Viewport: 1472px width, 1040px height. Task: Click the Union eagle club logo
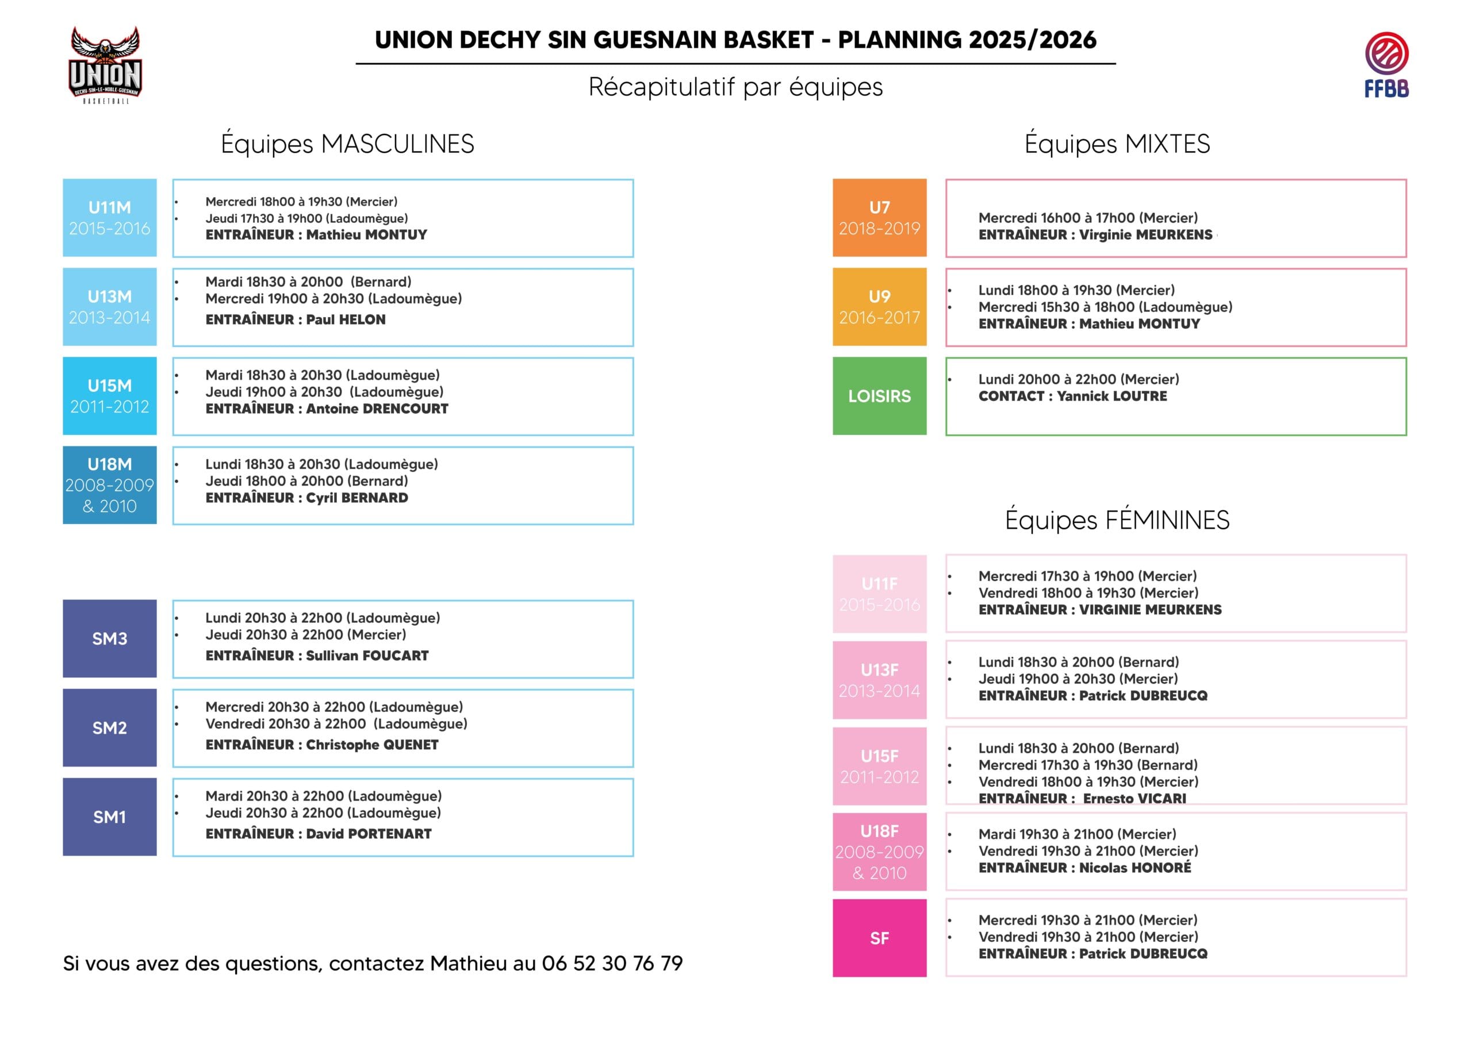coord(105,65)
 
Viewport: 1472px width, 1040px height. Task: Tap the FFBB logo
coord(1386,65)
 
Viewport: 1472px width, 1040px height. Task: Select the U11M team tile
coord(110,218)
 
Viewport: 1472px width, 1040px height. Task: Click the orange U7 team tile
coord(879,218)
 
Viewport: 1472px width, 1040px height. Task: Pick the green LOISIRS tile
coord(879,396)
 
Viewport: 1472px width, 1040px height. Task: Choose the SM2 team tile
coord(110,728)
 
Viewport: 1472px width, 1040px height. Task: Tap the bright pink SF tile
coord(879,938)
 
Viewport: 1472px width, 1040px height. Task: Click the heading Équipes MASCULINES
coord(347,144)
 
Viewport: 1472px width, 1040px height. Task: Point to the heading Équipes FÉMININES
coord(1117,519)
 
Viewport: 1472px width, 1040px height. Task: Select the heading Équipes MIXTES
coord(1117,144)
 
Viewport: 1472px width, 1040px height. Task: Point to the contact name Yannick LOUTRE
coord(1111,396)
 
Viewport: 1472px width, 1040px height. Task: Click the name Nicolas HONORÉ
coord(1135,868)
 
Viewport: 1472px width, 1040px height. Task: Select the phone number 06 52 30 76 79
coord(612,963)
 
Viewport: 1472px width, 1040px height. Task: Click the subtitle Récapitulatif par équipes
coord(735,87)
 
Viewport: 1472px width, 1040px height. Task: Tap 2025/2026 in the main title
coord(1032,40)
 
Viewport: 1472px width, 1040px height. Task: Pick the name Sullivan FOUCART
coord(367,656)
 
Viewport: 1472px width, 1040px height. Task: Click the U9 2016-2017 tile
coord(879,307)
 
